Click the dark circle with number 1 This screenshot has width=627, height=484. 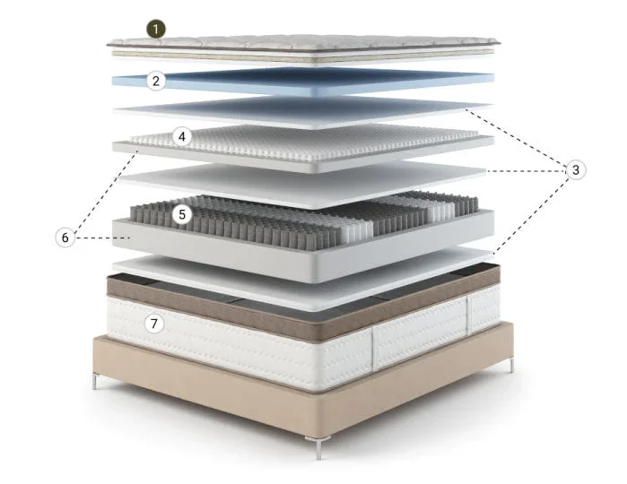point(155,30)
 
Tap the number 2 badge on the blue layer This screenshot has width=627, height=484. point(156,81)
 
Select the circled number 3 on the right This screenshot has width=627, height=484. point(576,170)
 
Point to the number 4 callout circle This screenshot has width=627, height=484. point(182,137)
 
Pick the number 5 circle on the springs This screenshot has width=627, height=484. point(182,214)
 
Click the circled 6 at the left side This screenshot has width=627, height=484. point(65,238)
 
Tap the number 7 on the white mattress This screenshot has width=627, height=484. point(154,323)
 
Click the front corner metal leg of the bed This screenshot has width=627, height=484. point(318,447)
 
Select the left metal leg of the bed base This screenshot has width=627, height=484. point(95,381)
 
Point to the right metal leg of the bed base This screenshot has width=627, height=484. point(511,366)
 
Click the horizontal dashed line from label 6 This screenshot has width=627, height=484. point(103,238)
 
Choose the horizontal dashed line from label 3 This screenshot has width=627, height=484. point(527,171)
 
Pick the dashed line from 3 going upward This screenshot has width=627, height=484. point(516,137)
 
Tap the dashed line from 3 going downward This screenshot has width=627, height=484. point(532,214)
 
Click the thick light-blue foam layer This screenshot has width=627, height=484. point(304,82)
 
